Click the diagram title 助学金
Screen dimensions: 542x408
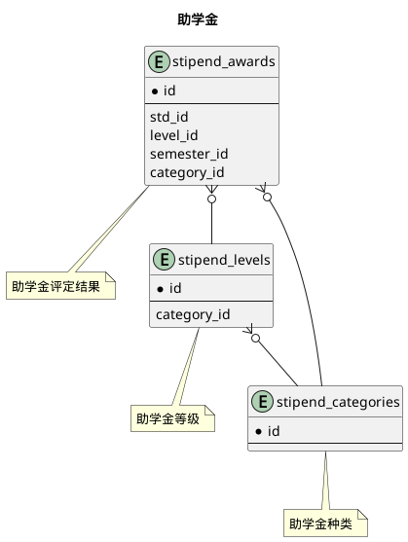click(204, 19)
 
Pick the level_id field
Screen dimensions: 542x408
click(174, 135)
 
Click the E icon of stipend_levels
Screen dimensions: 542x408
click(165, 260)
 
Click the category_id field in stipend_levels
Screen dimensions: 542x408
click(193, 313)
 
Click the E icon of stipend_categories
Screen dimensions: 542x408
click(262, 402)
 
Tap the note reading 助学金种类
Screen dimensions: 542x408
click(324, 524)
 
